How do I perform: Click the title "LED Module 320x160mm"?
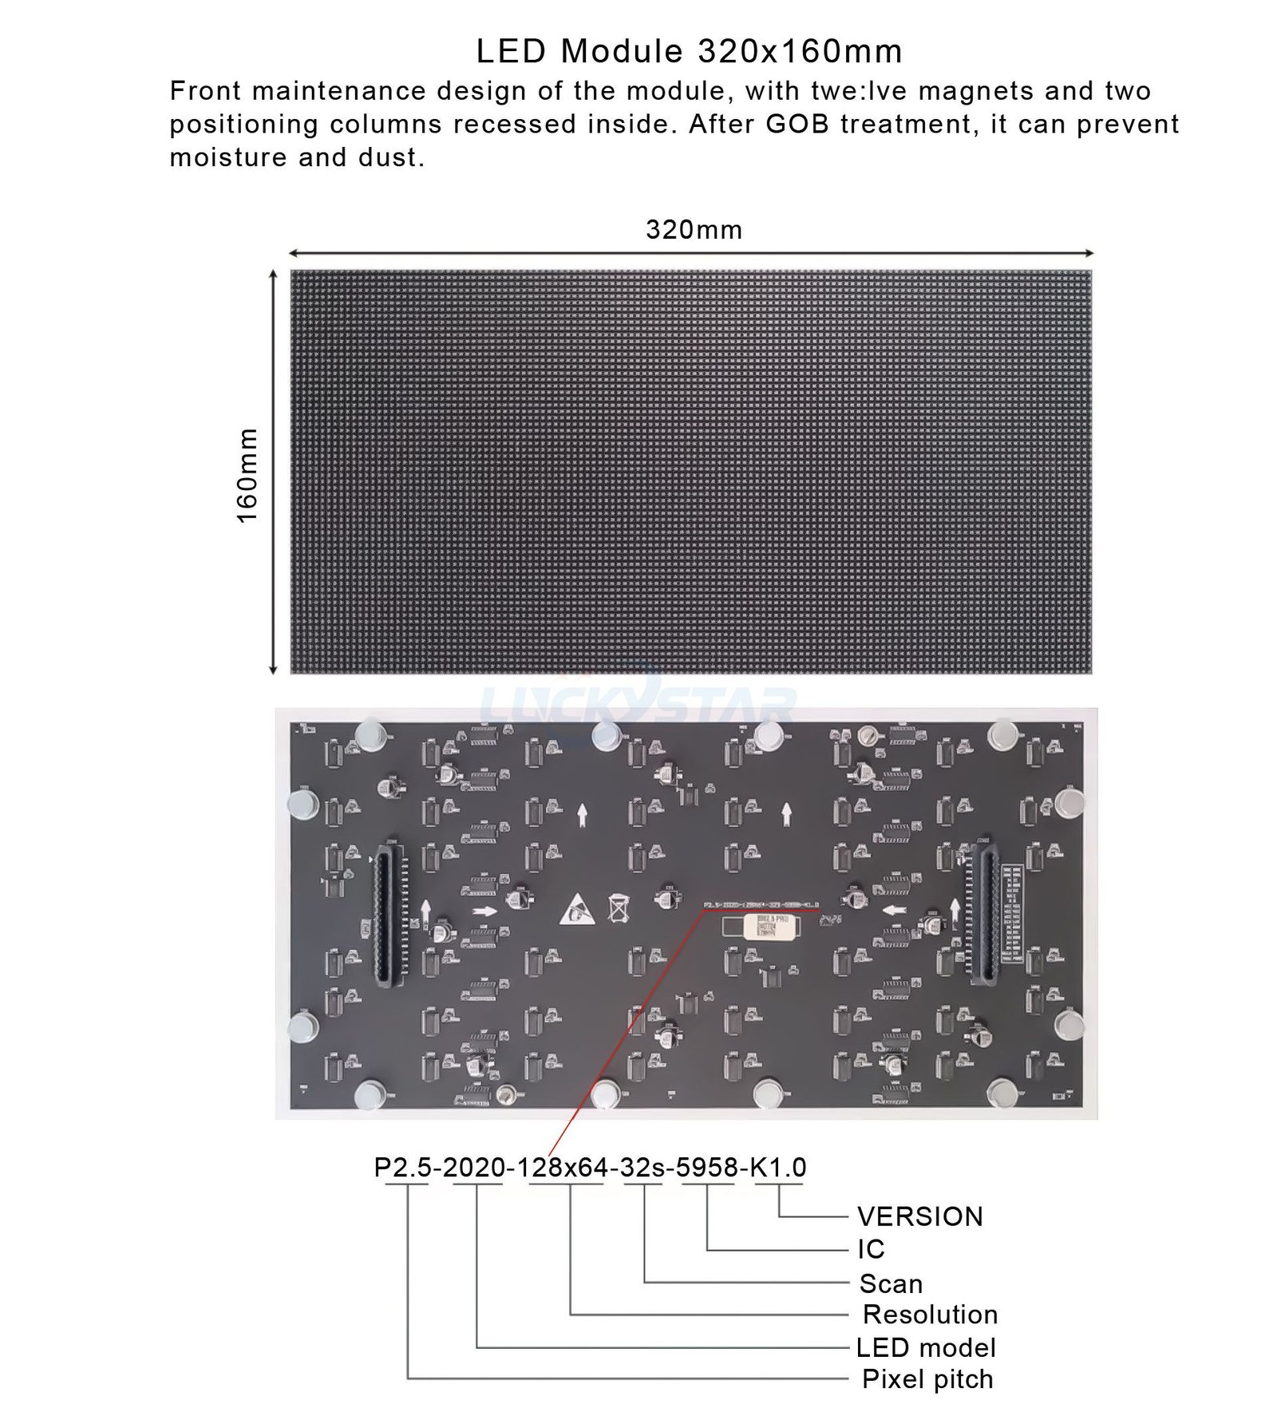coord(689,52)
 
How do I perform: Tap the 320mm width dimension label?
coord(694,230)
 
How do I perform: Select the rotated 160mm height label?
coord(248,475)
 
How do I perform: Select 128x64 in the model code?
coord(563,1167)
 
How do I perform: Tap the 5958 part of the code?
coord(707,1167)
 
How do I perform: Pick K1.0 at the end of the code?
coord(777,1167)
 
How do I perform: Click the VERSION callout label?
coord(919,1216)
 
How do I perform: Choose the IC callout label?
coord(871,1249)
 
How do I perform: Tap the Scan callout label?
coord(891,1283)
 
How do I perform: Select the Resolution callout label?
coord(930,1315)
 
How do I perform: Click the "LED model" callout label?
coord(926,1348)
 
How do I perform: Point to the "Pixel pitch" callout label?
coord(927,1379)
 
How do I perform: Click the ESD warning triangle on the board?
coord(577,911)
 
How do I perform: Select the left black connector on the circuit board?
coord(387,913)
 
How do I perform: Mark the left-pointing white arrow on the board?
coord(894,910)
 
